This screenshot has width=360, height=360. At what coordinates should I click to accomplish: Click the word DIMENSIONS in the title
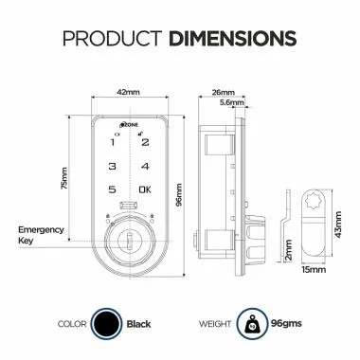pos(231,39)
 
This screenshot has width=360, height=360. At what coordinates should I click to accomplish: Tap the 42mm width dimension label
pos(130,92)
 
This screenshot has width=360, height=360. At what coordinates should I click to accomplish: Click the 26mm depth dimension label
pos(224,92)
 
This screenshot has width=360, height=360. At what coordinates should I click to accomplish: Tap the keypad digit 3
pos(113,167)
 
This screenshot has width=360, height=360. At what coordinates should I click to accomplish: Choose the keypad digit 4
pos(145,167)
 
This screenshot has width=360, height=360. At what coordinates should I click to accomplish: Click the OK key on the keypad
pos(144,190)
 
